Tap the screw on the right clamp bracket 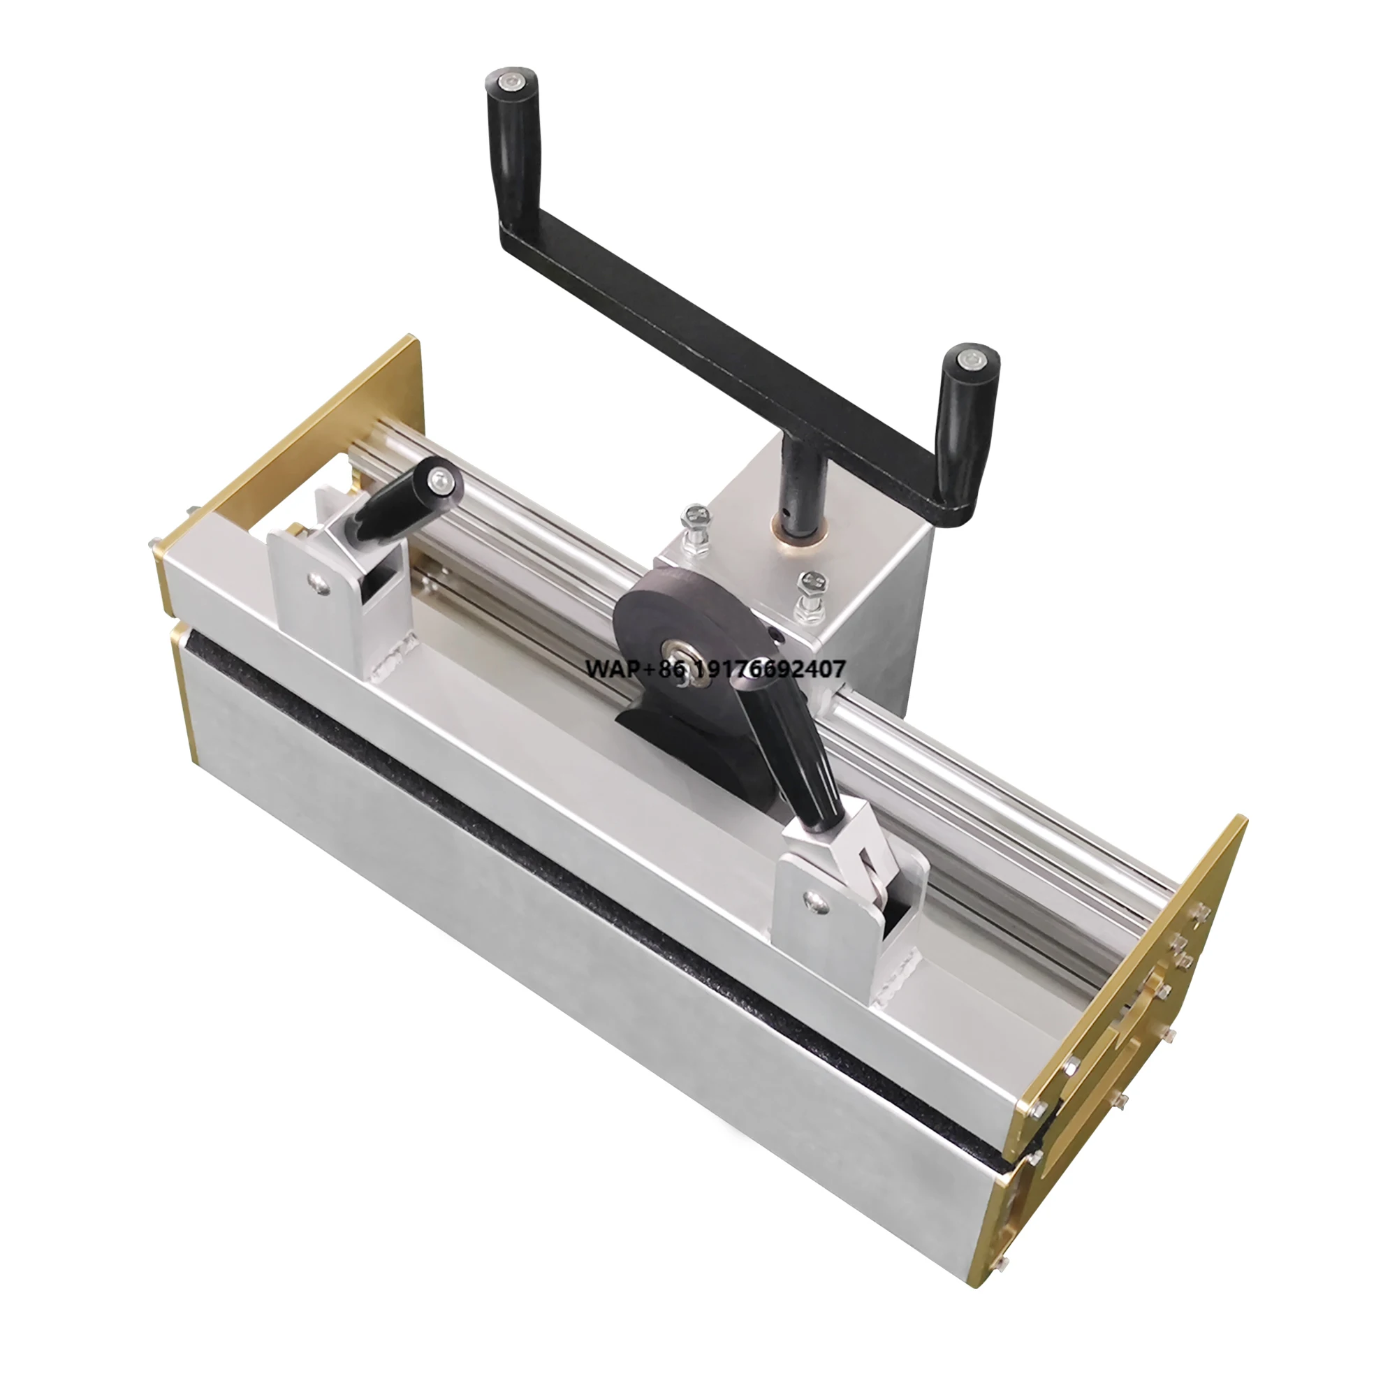click(816, 899)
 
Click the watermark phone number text click(715, 670)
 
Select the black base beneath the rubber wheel click(665, 738)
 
